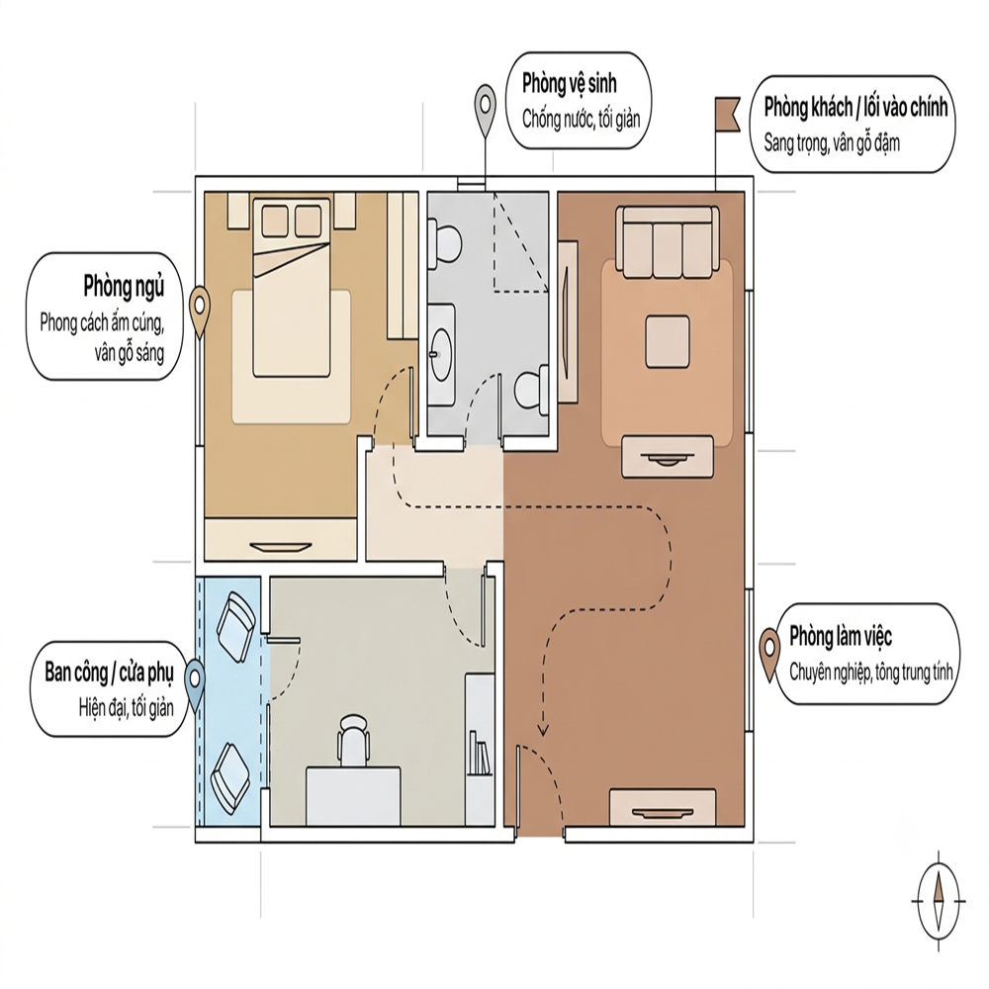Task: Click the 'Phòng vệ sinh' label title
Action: point(569,84)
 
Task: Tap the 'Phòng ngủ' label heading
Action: point(124,287)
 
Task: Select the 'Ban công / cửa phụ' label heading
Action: point(109,673)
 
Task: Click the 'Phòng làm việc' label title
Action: point(840,637)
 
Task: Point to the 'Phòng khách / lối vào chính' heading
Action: point(855,108)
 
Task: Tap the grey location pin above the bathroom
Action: point(485,111)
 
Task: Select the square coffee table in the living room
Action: point(667,342)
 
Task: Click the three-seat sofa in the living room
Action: point(669,242)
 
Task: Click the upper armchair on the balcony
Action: point(235,627)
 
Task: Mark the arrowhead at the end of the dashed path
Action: point(543,731)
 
